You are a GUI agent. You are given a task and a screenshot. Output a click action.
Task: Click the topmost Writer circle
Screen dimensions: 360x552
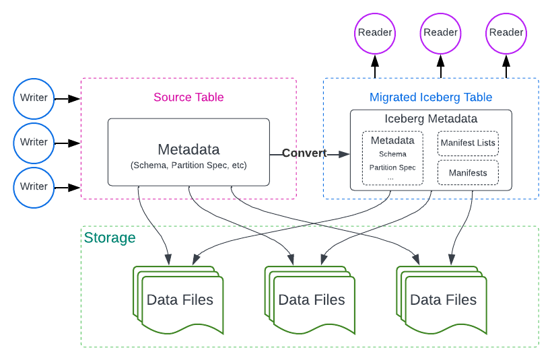point(34,98)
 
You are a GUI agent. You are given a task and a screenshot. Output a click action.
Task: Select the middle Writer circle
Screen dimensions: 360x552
point(34,142)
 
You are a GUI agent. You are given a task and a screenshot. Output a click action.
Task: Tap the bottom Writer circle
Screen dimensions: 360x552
point(34,186)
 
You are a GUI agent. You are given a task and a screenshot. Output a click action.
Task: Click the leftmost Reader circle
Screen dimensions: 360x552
point(375,32)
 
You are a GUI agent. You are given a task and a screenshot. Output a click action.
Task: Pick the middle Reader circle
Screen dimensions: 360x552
point(440,32)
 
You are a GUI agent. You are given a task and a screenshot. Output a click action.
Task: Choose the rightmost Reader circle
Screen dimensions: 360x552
point(506,32)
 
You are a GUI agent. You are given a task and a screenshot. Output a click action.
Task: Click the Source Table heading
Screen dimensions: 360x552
point(188,97)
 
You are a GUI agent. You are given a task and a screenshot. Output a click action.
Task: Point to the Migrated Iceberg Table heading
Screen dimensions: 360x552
point(431,98)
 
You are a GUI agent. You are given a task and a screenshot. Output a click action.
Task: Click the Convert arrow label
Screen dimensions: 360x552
point(304,153)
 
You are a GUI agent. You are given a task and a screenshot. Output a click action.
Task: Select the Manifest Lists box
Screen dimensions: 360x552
point(468,143)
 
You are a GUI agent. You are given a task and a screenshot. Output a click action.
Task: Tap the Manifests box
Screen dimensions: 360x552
point(468,173)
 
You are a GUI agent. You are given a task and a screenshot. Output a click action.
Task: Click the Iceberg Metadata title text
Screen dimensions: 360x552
point(431,119)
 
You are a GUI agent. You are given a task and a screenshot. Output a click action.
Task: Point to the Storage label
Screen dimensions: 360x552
point(110,238)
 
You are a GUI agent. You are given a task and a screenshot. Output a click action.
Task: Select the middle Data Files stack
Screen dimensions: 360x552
point(311,300)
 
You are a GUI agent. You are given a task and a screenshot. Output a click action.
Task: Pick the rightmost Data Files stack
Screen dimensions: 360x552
point(443,300)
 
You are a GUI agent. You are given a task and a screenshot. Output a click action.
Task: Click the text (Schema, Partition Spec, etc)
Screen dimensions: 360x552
point(188,165)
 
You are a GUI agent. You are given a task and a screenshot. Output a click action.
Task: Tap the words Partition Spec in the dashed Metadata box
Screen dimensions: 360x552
point(392,168)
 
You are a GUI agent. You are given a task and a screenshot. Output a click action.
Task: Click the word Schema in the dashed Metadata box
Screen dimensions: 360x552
point(392,154)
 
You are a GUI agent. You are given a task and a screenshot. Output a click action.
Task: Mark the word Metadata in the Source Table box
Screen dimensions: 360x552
point(188,149)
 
